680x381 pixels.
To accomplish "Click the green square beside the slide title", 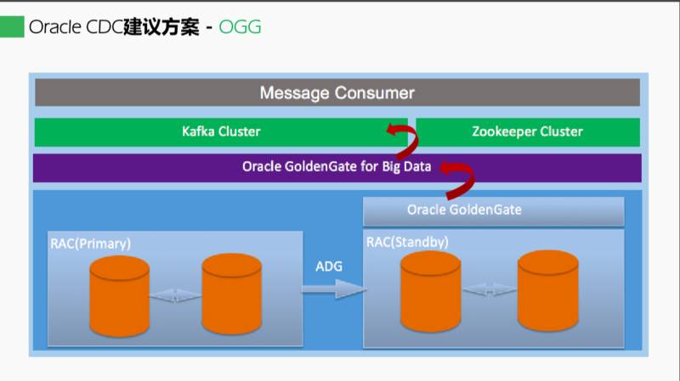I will click(x=12, y=27).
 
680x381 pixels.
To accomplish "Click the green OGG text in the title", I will click(x=240, y=27).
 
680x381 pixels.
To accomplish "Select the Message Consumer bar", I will click(x=337, y=92).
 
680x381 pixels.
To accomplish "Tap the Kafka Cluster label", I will click(x=221, y=132).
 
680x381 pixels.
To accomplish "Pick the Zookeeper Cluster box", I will click(x=527, y=132).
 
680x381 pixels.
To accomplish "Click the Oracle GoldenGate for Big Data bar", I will click(x=337, y=167).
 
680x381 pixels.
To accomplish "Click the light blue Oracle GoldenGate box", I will click(x=493, y=210).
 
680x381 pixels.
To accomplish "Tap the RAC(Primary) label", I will click(x=90, y=244).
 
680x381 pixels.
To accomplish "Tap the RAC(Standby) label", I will click(x=407, y=243).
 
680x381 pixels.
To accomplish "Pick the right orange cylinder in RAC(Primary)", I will click(x=231, y=294).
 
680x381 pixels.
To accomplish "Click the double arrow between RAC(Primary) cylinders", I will click(x=175, y=296).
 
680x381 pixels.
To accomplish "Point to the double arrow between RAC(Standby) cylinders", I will click(x=490, y=291).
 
